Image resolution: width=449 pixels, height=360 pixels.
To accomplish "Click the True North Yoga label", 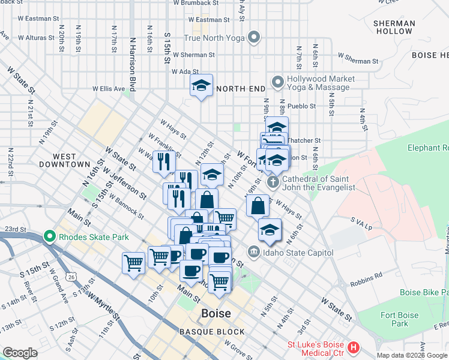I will point(215,38).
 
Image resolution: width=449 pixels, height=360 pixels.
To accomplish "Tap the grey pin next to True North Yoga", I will point(254,37).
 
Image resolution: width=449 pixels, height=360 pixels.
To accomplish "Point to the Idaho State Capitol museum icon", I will point(254,252).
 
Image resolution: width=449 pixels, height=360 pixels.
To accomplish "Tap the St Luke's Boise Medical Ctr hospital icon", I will point(354,347).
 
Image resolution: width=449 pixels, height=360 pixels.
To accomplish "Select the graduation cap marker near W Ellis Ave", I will point(202,85).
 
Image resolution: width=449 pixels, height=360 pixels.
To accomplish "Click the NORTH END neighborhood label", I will point(240,89).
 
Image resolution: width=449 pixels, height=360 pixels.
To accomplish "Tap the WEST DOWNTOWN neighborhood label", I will point(65,160).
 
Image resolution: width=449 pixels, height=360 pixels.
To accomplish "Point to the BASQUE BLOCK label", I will point(212,332).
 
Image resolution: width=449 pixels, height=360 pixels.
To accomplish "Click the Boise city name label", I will point(215,313).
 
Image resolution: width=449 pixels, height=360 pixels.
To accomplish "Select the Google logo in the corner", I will point(20,353).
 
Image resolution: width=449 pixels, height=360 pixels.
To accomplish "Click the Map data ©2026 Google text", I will point(411,355).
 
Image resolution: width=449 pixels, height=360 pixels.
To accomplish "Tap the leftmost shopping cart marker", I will point(133,262).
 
